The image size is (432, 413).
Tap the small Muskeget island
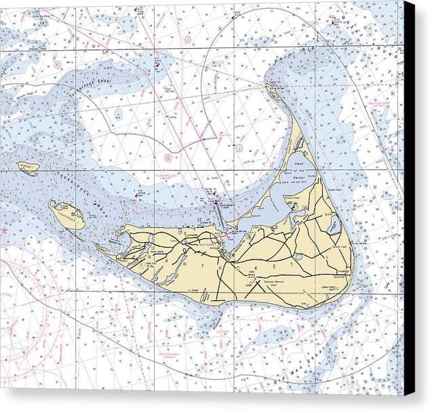[29, 168]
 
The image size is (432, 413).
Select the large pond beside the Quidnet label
[334, 227]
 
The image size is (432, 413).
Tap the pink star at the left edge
[5, 230]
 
